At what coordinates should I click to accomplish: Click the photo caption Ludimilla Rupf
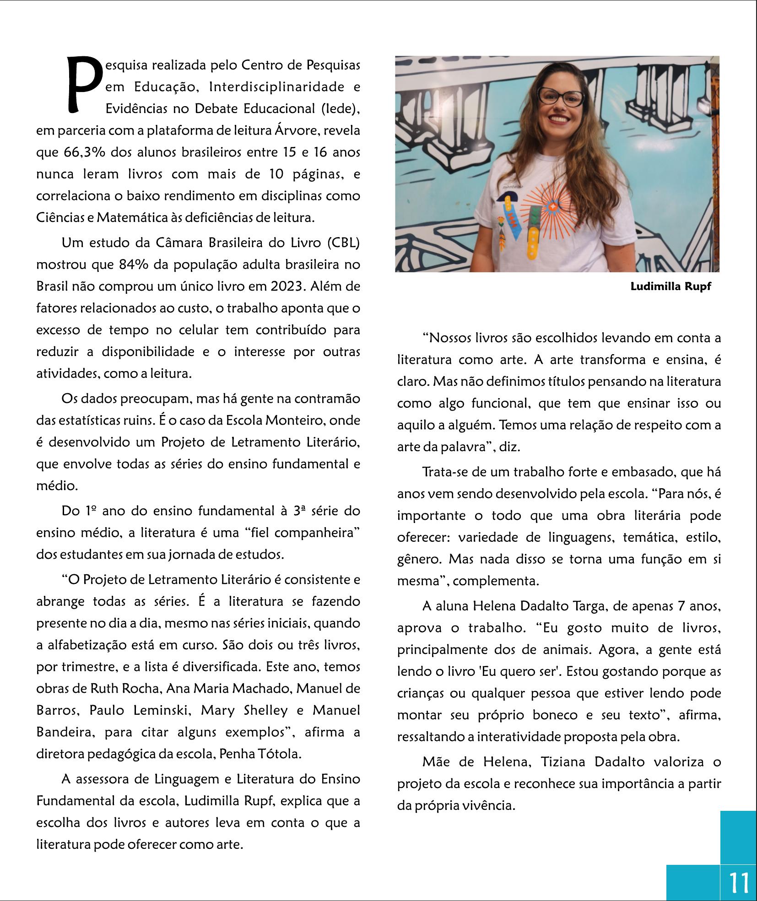[670, 287]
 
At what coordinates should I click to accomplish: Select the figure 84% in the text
[133, 265]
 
